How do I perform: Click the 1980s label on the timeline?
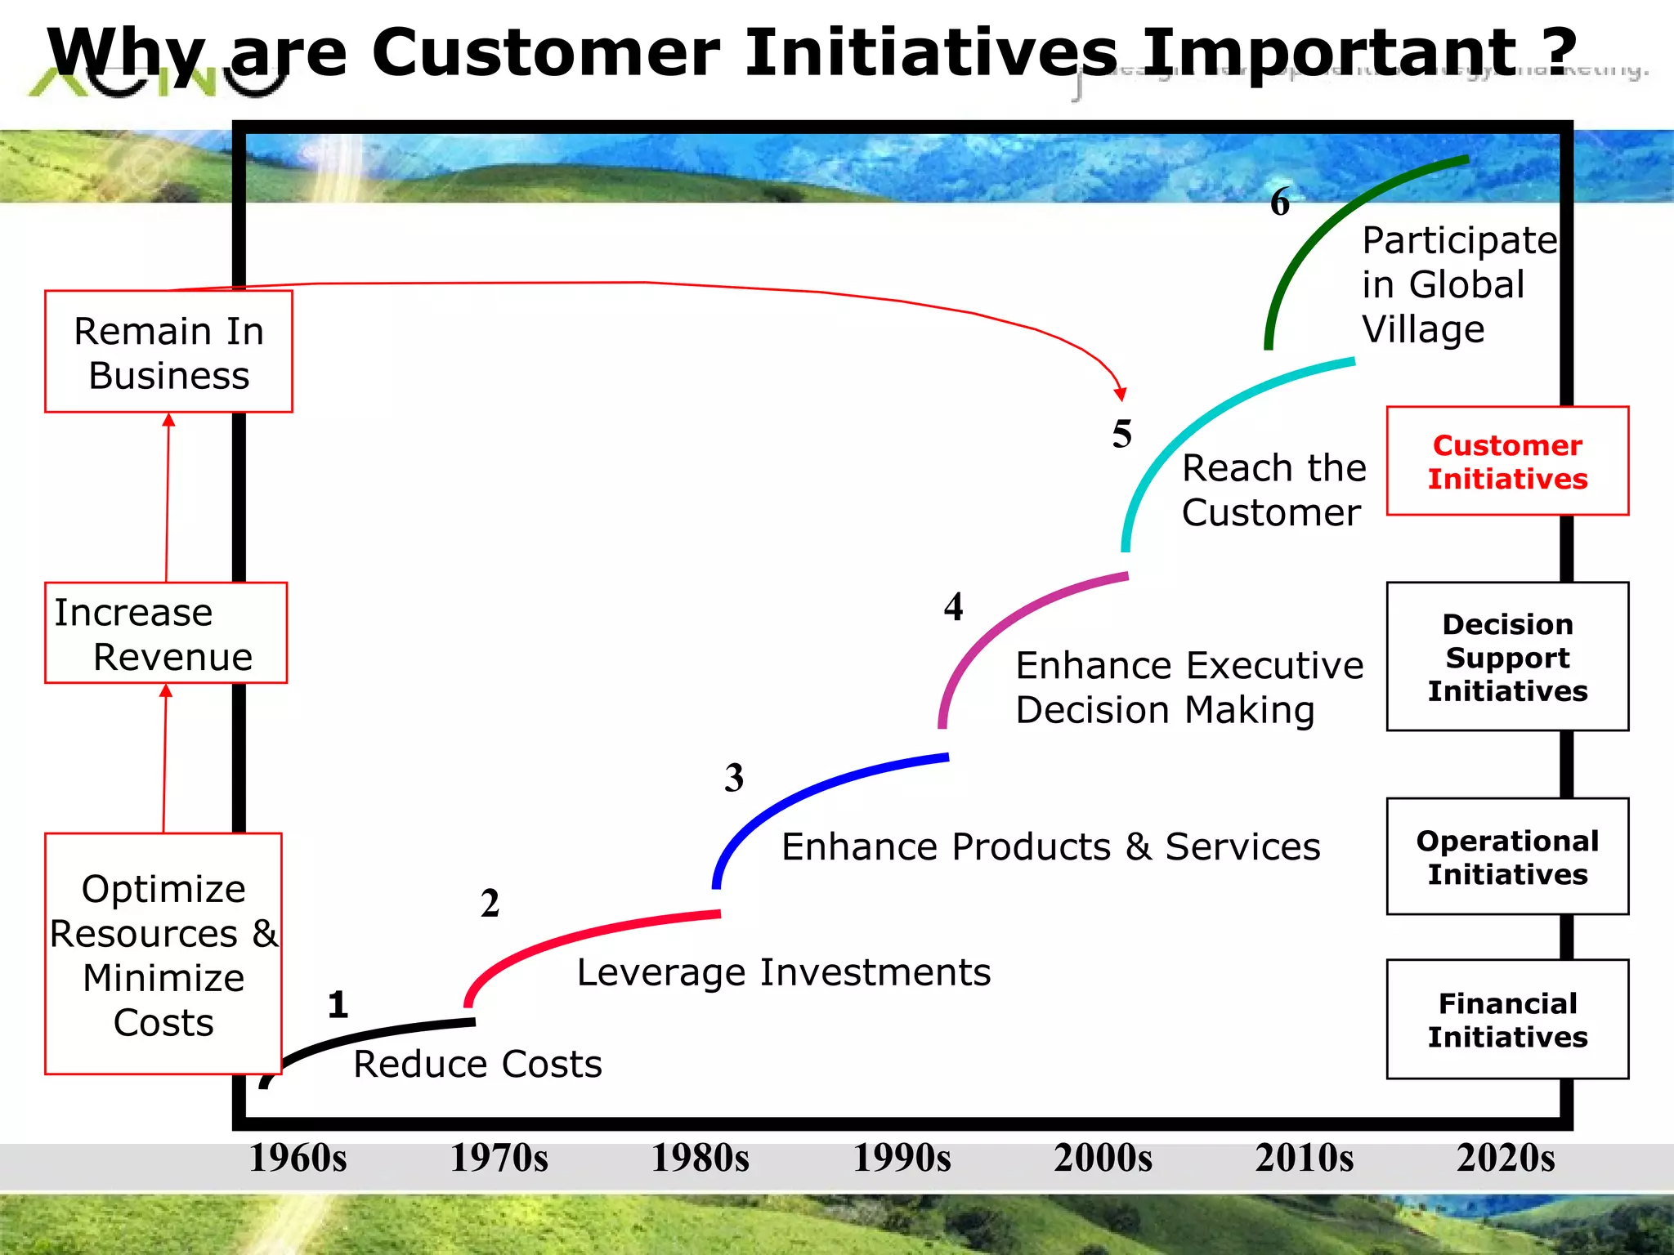(x=700, y=1158)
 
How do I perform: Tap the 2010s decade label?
(x=1304, y=1158)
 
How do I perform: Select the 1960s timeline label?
(x=298, y=1158)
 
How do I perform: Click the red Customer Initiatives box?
(x=1507, y=462)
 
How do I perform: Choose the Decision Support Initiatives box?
(x=1507, y=657)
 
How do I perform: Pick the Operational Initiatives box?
(x=1507, y=856)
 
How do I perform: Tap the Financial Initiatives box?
(x=1507, y=1019)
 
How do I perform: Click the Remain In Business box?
(x=168, y=352)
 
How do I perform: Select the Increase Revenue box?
(x=166, y=633)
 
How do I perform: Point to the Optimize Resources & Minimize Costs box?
(x=163, y=954)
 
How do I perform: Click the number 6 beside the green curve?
(x=1280, y=202)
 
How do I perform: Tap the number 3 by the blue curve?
(x=734, y=777)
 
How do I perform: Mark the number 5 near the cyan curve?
(x=1122, y=434)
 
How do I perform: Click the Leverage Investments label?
(x=783, y=972)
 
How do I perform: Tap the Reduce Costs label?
(x=477, y=1064)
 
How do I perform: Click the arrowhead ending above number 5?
(x=1121, y=394)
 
